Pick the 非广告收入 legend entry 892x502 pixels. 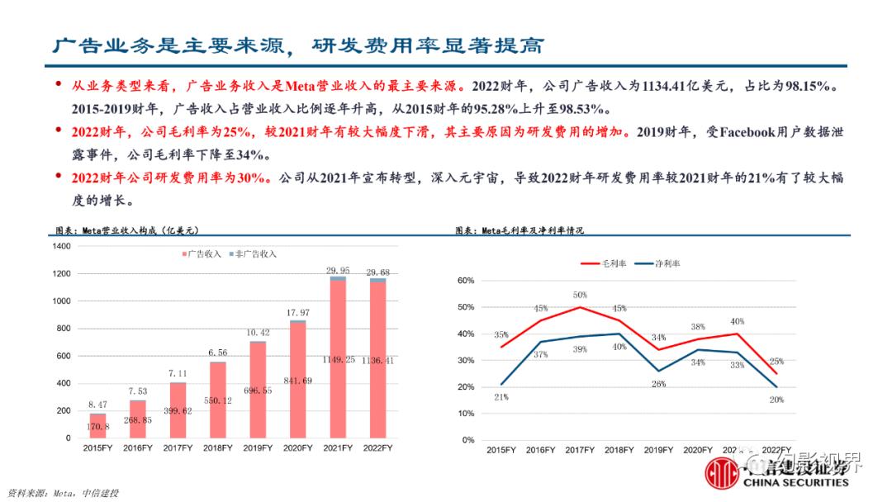coord(254,253)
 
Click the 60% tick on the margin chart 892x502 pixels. coord(464,281)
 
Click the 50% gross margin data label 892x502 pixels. coord(580,295)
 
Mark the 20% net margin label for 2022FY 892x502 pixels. coord(776,400)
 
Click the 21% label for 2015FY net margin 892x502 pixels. coord(501,397)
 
